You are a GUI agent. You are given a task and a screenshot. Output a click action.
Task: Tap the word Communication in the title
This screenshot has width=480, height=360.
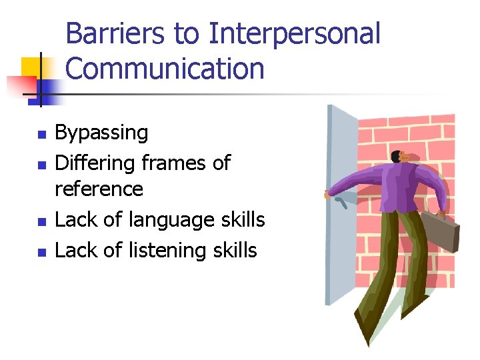coord(165,69)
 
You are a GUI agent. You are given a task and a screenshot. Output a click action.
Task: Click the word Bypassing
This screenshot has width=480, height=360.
coord(101,133)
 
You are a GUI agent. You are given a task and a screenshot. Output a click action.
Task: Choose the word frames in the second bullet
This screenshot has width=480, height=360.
coord(175,163)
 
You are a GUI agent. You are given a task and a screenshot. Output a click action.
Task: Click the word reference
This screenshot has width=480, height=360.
coord(99,189)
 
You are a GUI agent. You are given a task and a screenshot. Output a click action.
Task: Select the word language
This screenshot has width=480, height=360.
coord(174,220)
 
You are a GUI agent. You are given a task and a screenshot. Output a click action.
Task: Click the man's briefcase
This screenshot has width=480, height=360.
coord(441,227)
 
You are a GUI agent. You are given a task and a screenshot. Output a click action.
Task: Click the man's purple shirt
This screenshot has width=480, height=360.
coord(400,190)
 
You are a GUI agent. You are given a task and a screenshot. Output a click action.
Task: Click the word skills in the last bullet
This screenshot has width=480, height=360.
coord(233,251)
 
